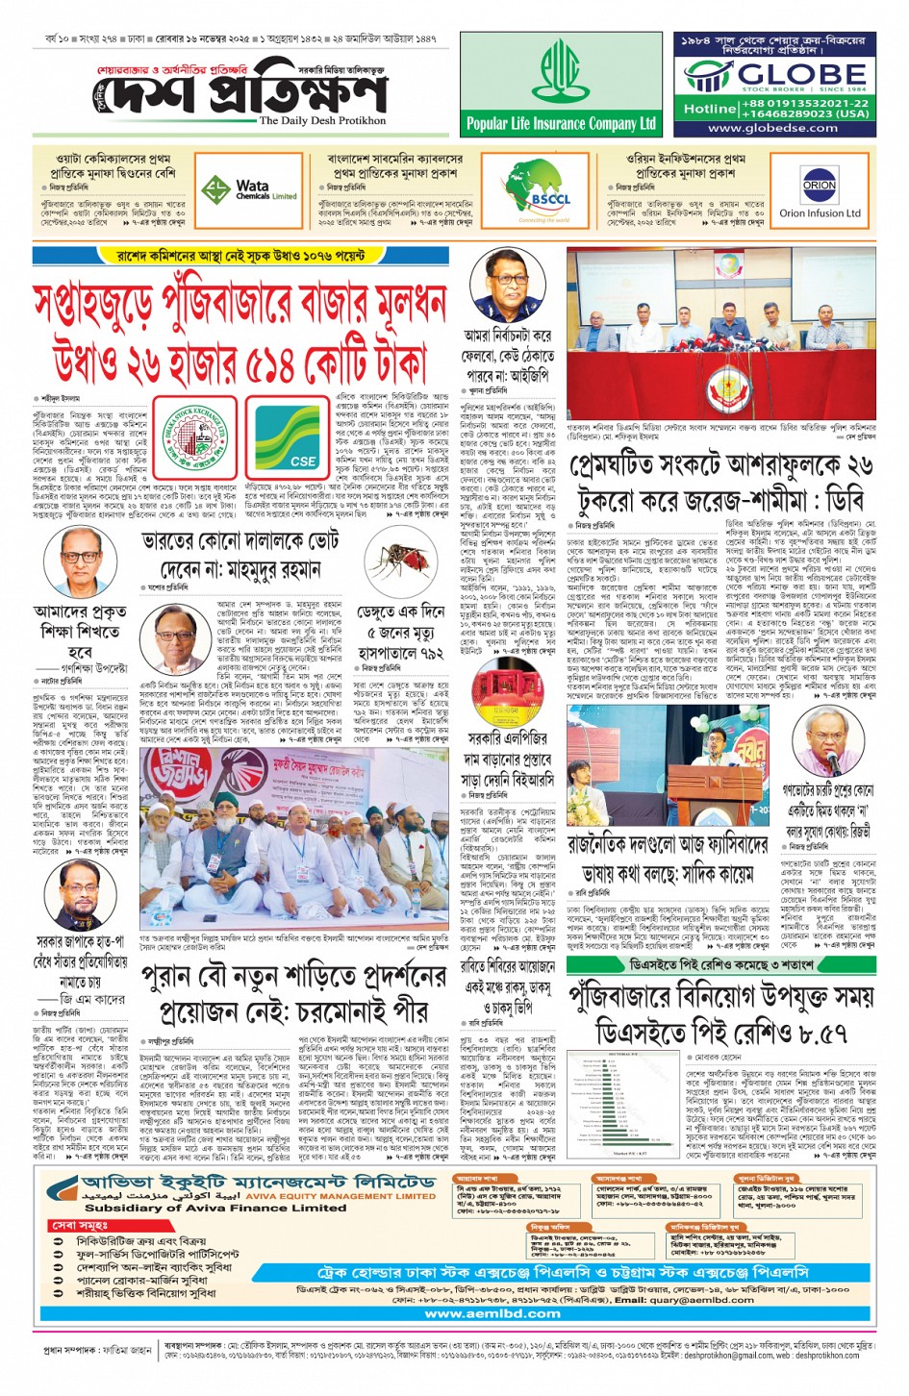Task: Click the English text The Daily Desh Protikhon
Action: tap(322, 121)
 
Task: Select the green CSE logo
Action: tap(290, 437)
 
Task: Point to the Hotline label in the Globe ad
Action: tap(710, 109)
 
